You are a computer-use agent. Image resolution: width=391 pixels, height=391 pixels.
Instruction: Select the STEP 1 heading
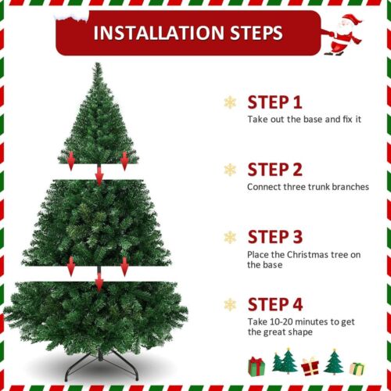[274, 102]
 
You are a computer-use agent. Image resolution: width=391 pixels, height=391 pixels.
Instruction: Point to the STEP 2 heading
[274, 169]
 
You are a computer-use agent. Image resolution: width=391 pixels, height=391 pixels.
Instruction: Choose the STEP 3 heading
[274, 237]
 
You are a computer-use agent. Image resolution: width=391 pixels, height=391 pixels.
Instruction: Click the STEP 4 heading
[274, 304]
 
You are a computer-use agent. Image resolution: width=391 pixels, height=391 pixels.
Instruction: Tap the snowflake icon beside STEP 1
[230, 102]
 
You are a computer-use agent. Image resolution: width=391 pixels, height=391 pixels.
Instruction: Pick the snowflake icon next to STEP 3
[230, 237]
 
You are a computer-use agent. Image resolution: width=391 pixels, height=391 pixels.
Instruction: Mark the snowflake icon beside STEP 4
[230, 304]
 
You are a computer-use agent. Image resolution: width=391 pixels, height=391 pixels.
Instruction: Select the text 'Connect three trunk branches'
[307, 187]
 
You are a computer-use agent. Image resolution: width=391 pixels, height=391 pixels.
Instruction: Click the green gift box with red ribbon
[256, 365]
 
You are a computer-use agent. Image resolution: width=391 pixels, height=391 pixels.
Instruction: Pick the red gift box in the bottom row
[311, 365]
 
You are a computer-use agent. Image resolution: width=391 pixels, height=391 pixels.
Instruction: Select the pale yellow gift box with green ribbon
[357, 367]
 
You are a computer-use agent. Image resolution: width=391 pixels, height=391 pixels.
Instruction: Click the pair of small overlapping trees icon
[284, 361]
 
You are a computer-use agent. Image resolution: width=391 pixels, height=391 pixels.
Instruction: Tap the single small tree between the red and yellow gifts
[334, 361]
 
